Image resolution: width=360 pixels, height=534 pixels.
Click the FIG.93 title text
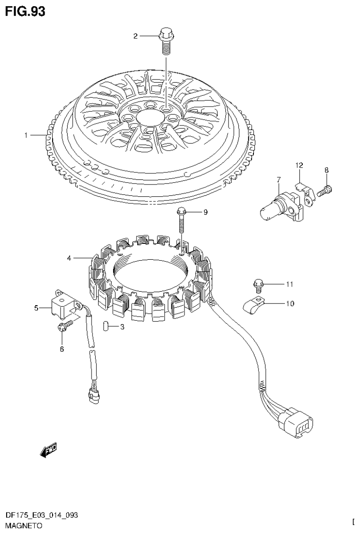25,12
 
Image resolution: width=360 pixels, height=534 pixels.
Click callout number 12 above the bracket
299,165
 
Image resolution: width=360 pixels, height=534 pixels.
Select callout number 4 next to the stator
69,258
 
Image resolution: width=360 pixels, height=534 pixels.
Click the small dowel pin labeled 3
106,326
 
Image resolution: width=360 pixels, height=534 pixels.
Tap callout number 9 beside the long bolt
205,212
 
